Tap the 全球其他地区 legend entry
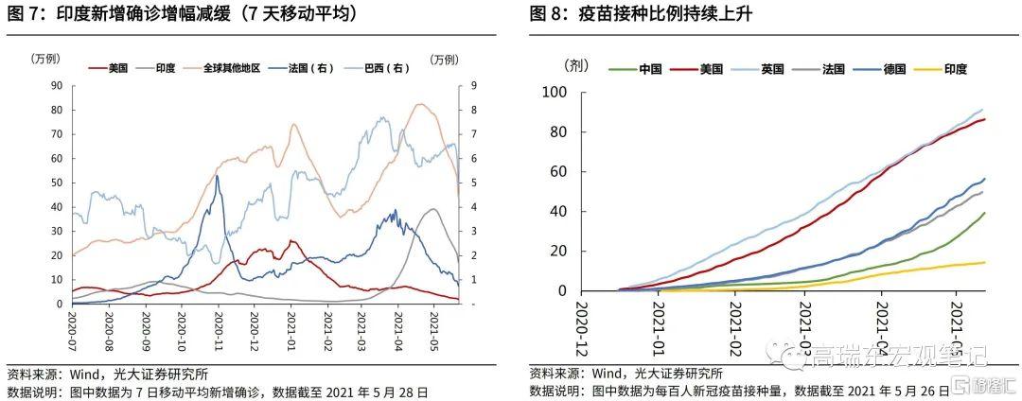231,68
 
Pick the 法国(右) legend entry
314,68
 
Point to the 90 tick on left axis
56,85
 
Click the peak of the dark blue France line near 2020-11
218,176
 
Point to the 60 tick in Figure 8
557,172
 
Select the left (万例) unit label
44,59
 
